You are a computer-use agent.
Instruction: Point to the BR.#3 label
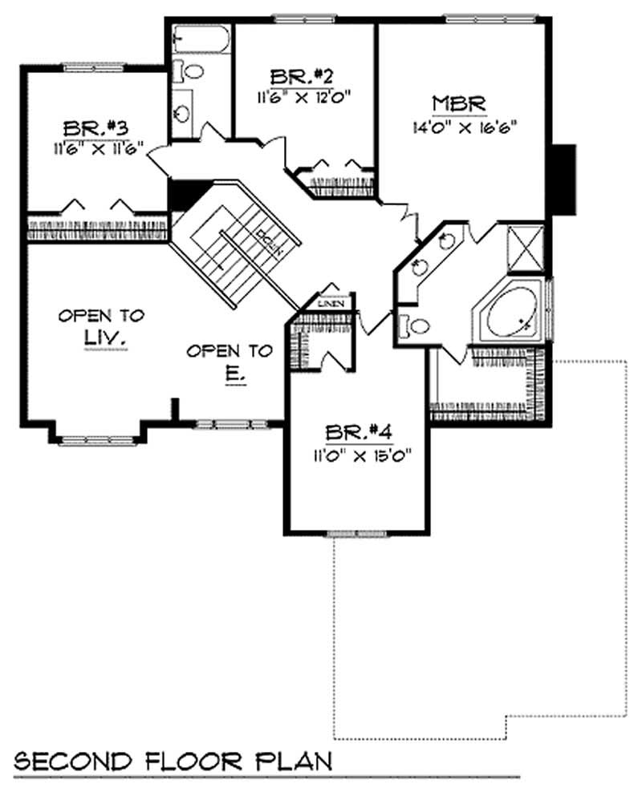click(x=95, y=128)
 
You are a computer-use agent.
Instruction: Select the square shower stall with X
click(x=526, y=251)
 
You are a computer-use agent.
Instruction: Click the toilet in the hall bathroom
click(x=190, y=72)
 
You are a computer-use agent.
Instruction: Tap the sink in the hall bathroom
click(x=182, y=110)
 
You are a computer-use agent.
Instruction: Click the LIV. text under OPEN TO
click(x=102, y=340)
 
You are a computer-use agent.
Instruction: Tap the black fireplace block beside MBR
click(x=565, y=179)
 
